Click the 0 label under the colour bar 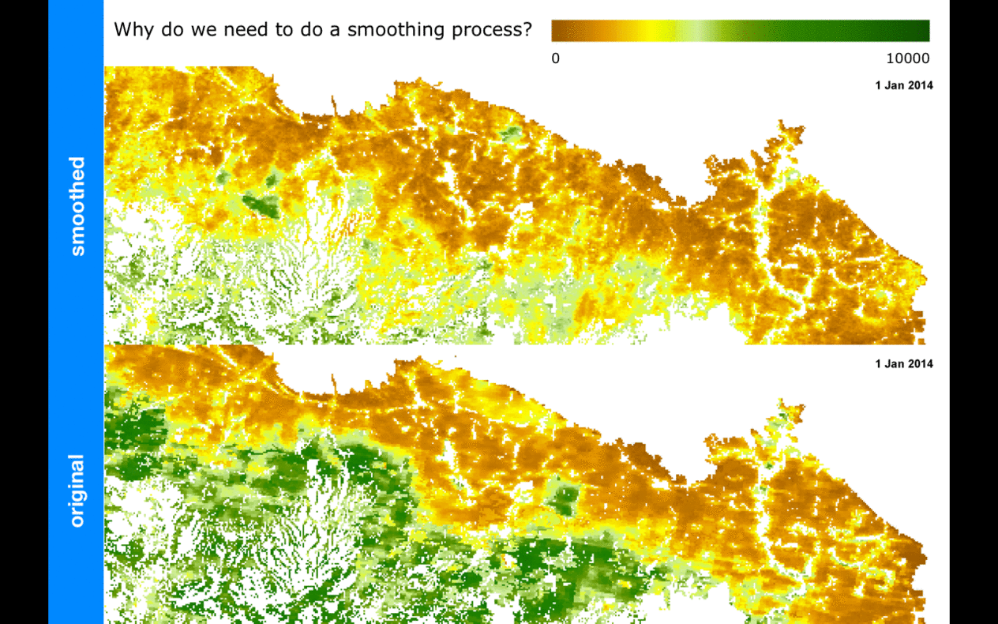click(556, 58)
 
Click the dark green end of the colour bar click(916, 30)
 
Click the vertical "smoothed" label click(77, 206)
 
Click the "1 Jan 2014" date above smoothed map click(904, 85)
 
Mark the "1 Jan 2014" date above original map click(904, 364)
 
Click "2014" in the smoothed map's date click(920, 85)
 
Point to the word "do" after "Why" click(167, 30)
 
